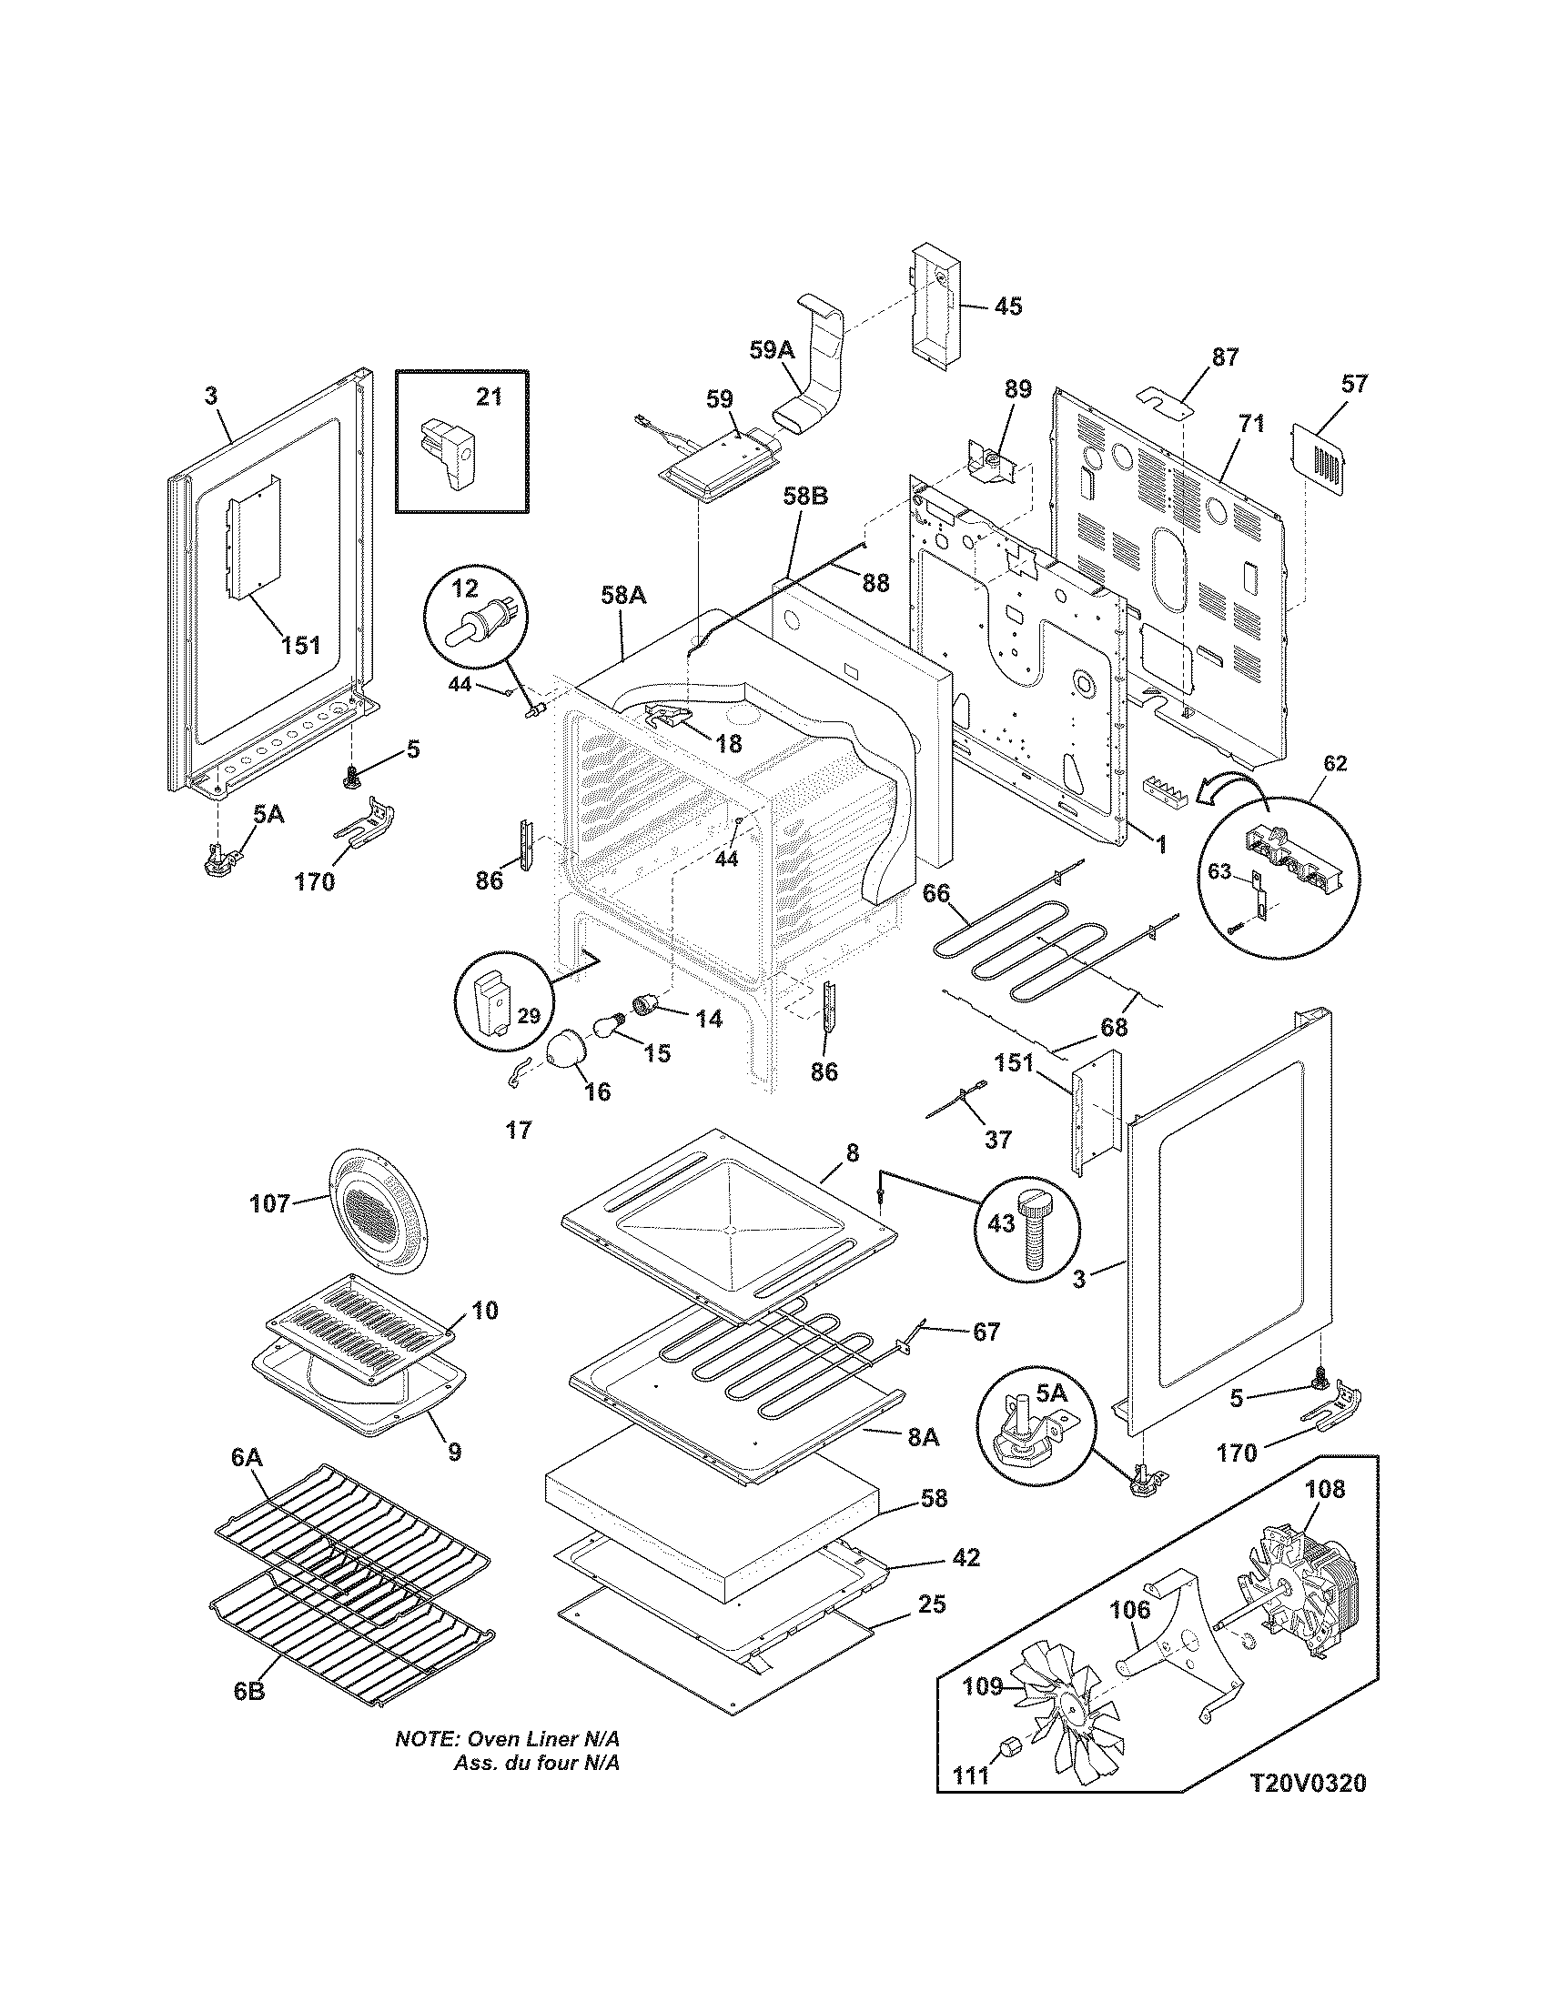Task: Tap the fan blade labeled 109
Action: coord(1063,1720)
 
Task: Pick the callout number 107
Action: coord(270,1203)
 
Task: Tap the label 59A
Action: coord(772,349)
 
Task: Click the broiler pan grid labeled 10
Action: coord(359,1325)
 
